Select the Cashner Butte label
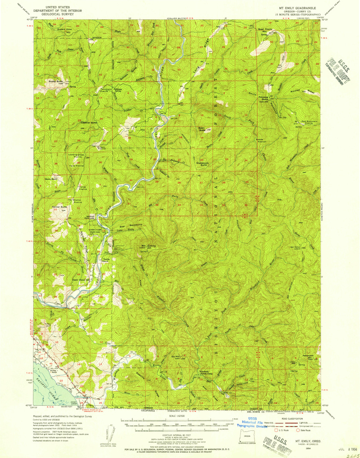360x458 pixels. (x=89, y=123)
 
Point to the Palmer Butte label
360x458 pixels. (x=59, y=207)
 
